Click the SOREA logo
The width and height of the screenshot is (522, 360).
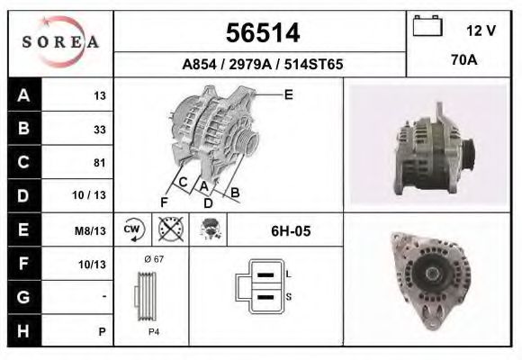tap(60, 43)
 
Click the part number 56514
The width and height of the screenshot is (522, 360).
tap(261, 32)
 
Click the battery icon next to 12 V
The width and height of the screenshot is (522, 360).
tap(427, 28)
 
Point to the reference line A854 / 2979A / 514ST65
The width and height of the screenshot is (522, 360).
tap(261, 65)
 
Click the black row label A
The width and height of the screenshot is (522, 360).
tap(23, 95)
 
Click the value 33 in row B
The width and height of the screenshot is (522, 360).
tap(99, 129)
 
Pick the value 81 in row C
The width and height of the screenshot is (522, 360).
tap(99, 163)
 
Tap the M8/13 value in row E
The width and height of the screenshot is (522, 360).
tap(93, 230)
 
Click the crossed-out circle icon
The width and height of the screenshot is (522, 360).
tap(168, 230)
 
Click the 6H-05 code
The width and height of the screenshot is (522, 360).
tap(291, 231)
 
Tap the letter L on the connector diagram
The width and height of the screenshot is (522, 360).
tap(287, 273)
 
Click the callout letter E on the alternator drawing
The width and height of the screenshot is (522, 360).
tap(288, 94)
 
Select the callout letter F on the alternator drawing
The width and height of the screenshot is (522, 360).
tap(165, 200)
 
